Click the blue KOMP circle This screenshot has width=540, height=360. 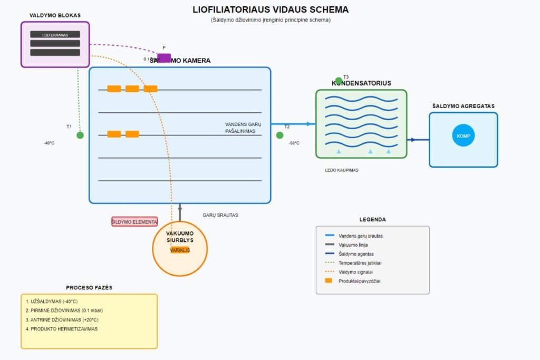coord(463,136)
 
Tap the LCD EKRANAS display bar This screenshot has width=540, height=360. coord(55,34)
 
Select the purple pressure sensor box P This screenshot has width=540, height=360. coord(164,57)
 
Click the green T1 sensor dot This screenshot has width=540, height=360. coord(80,135)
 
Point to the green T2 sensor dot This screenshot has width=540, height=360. coord(279,135)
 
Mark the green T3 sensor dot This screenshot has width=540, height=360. coord(339,81)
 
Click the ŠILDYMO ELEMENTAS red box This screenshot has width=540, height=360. coord(134,222)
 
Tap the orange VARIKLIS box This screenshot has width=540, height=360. coord(180,250)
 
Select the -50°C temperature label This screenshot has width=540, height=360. coord(294,143)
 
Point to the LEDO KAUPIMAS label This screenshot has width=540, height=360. coord(342,170)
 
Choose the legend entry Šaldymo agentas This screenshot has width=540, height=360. coord(356,254)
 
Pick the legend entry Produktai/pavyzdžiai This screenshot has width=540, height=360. coord(359,281)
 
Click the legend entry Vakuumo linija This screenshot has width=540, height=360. coord(353,245)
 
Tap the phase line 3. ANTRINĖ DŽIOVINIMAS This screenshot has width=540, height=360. coord(62,320)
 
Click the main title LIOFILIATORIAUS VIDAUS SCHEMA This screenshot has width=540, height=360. coord(270,10)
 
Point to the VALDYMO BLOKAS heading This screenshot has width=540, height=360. coord(55,15)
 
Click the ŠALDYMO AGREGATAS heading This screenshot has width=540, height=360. coord(463,106)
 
